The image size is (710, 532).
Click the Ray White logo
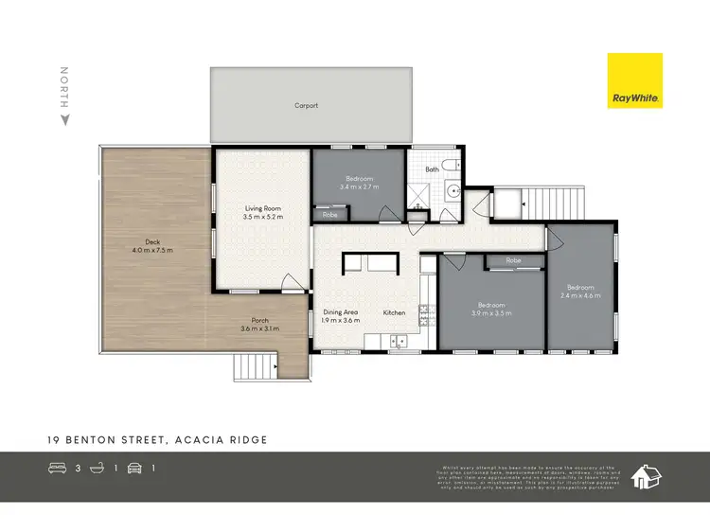(634, 80)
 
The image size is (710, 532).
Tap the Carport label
(306, 106)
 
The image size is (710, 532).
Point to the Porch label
(260, 320)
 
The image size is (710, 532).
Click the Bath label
(432, 169)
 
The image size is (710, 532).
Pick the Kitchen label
(394, 312)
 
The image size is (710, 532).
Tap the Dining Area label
(339, 312)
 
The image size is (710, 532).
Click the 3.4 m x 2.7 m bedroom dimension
(359, 187)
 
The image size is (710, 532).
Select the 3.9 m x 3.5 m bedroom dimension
(490, 313)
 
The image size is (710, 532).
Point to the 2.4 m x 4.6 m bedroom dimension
(580, 295)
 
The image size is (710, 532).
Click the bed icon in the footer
(58, 467)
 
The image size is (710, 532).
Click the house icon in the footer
(647, 476)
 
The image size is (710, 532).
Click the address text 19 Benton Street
(104, 440)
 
